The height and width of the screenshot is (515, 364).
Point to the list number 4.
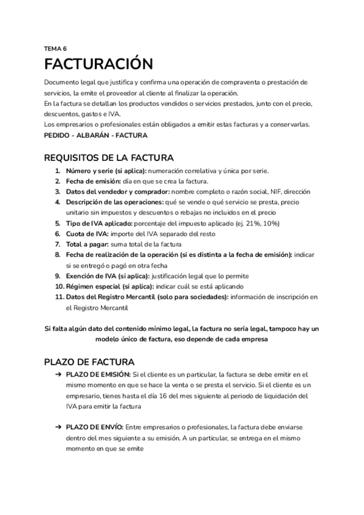pos(58,202)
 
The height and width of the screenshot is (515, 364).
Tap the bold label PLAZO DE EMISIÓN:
pos(98,375)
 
